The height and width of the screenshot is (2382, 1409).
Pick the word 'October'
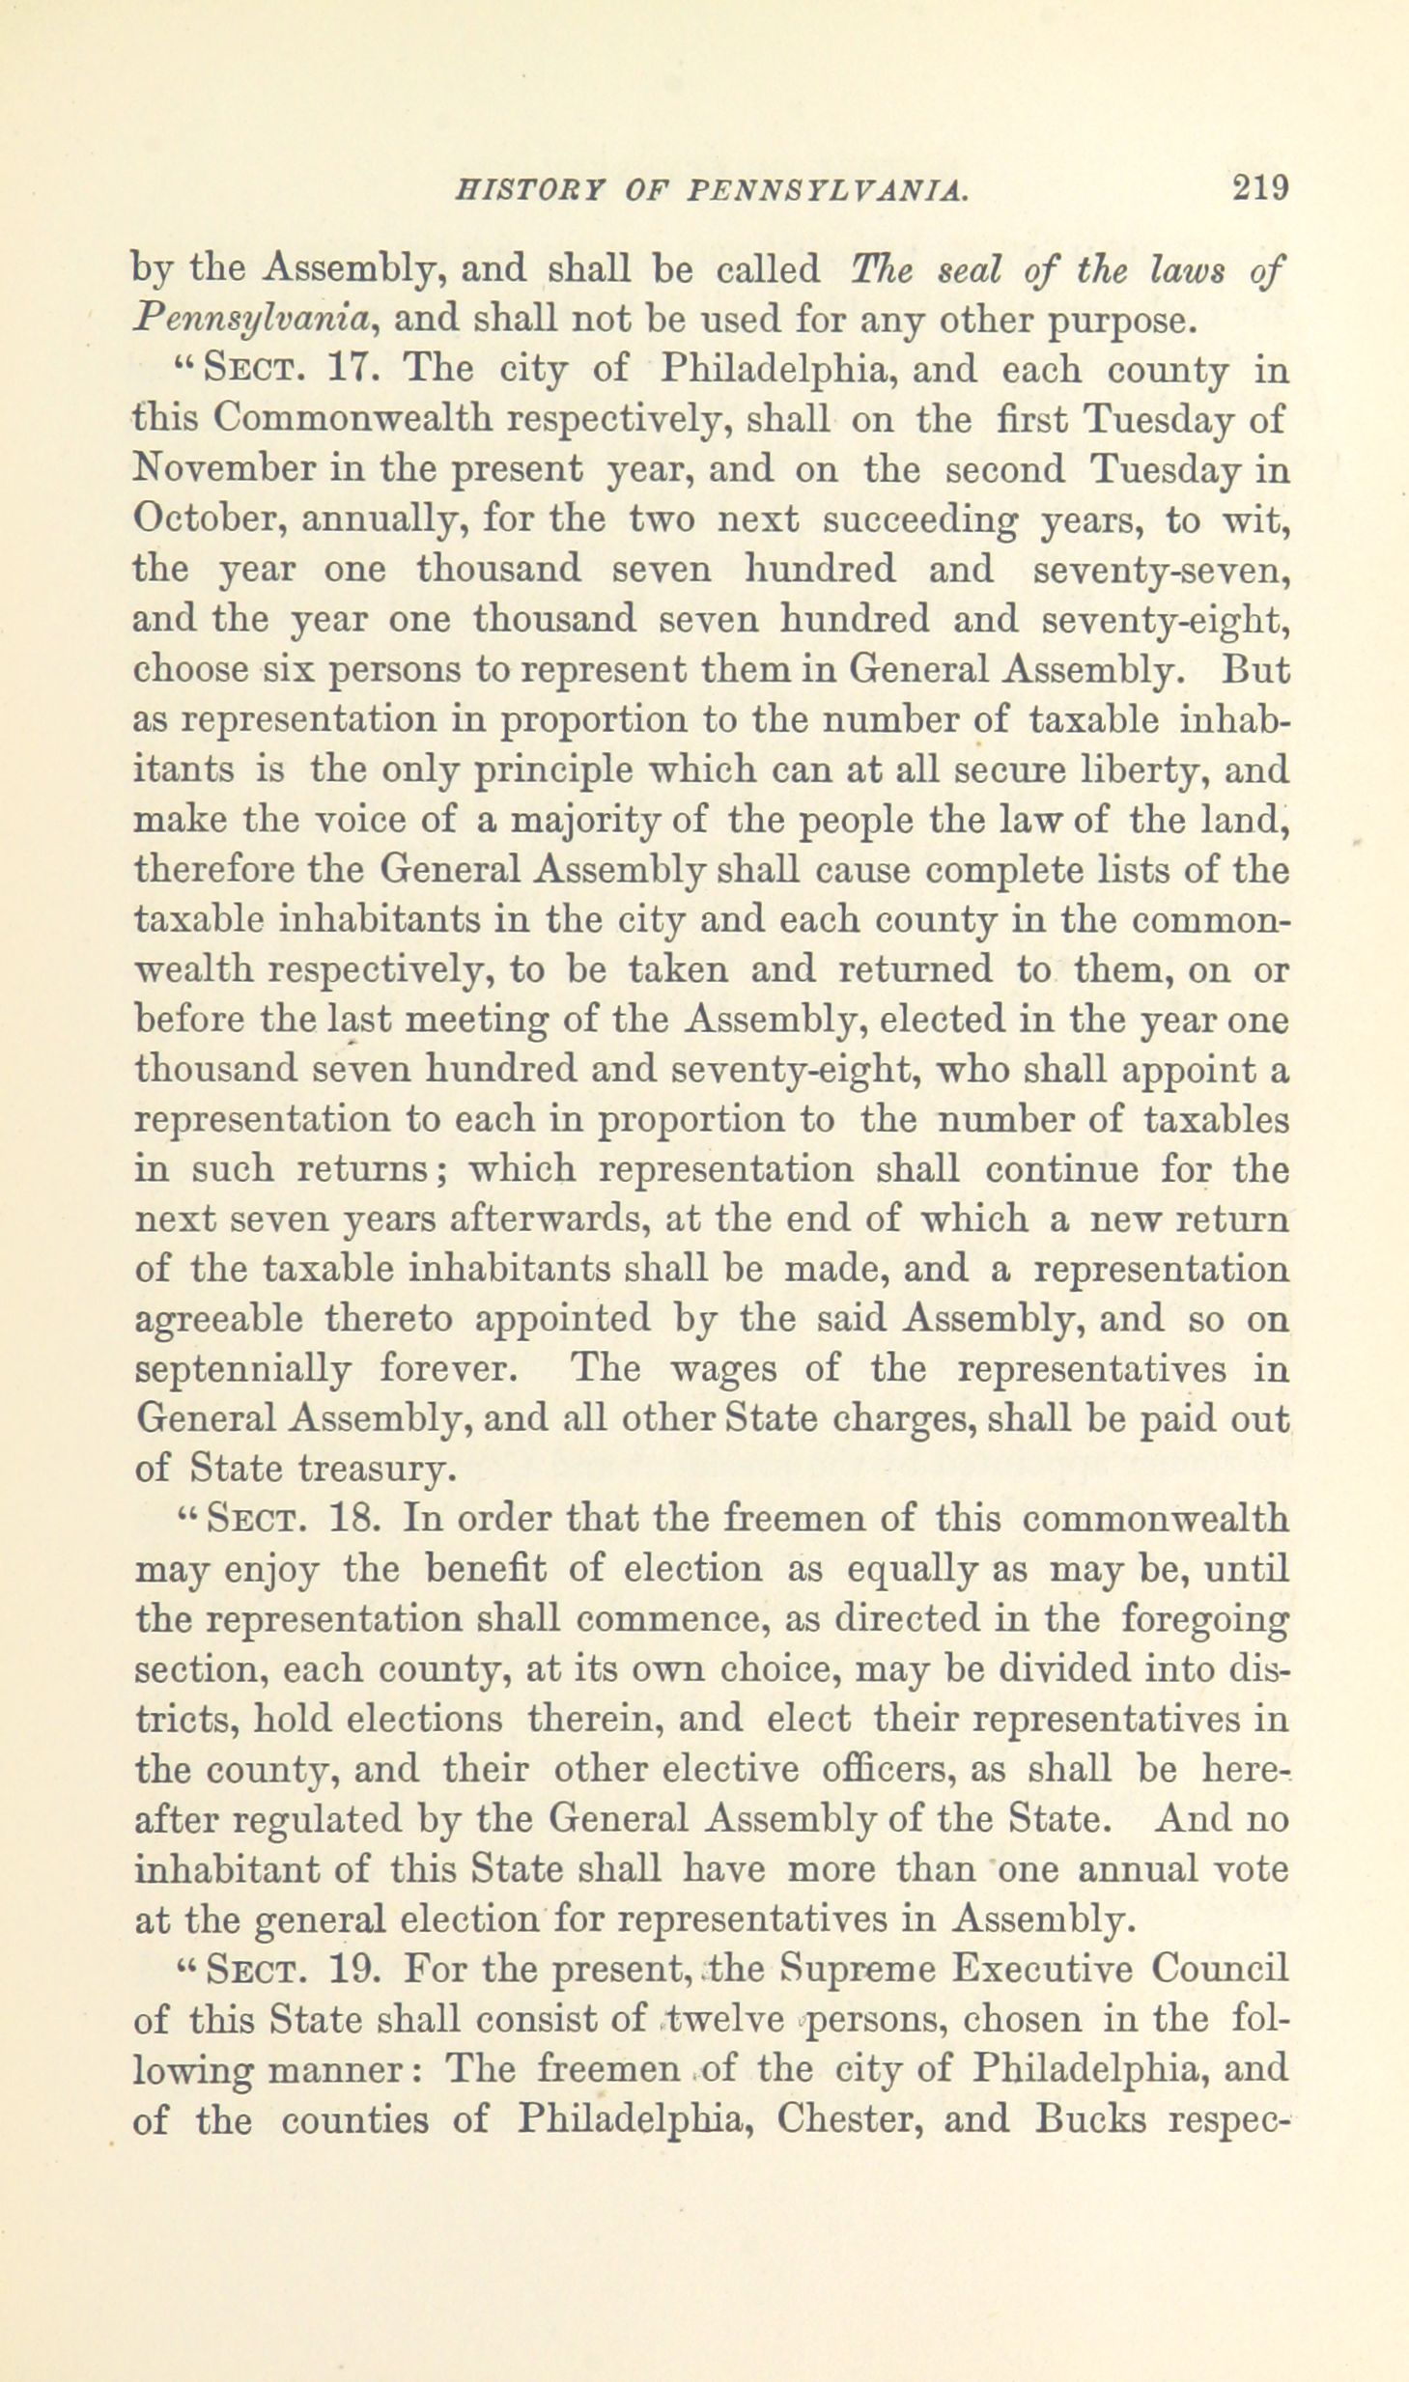pos(207,519)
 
